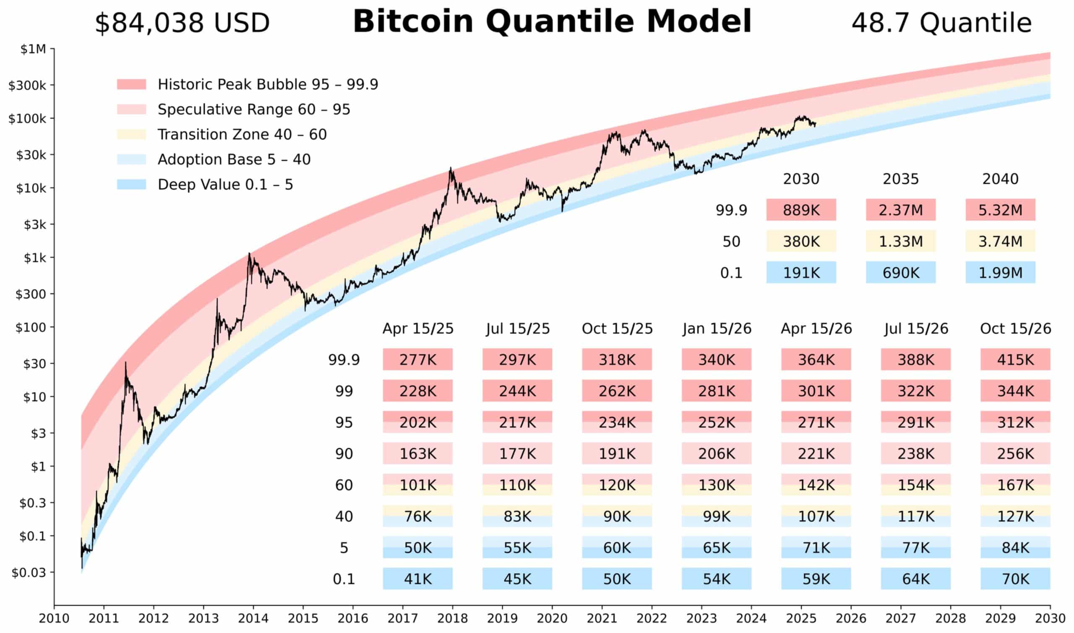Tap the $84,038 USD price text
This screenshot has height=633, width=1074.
tap(182, 23)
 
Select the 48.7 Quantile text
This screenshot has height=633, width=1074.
tap(941, 23)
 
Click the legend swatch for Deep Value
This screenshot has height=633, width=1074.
tap(131, 184)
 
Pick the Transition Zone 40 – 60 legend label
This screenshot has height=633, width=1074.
tap(242, 134)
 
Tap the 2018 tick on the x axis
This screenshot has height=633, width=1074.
tap(452, 618)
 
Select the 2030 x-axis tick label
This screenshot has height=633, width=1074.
tap(1050, 618)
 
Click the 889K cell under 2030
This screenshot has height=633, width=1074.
tap(800, 210)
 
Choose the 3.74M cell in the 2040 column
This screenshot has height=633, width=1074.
tap(1000, 242)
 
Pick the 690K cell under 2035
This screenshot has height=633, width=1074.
tap(900, 273)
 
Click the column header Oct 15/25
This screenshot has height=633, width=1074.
tap(617, 329)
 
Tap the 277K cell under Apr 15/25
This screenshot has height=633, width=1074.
tap(417, 359)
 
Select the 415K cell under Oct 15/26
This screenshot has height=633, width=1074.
tap(1015, 359)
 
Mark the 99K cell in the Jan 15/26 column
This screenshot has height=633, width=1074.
tap(716, 516)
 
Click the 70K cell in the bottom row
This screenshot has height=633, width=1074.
tap(1015, 579)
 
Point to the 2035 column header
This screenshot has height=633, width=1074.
tap(900, 179)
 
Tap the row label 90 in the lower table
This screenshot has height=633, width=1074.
tap(344, 454)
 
